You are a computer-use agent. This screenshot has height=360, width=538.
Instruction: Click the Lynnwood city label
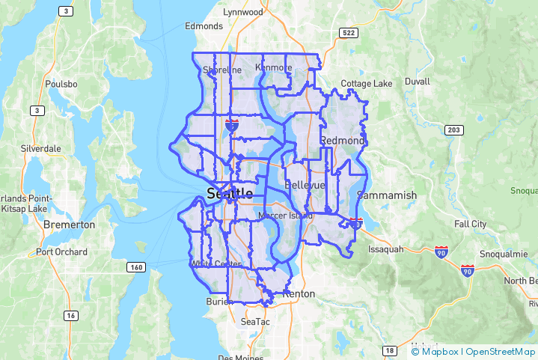[x=244, y=12]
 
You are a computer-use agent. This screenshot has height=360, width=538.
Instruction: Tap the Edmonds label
[x=204, y=26]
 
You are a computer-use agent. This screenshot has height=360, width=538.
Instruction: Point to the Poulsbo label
[x=61, y=84]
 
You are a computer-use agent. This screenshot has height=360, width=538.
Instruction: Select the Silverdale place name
[x=41, y=148]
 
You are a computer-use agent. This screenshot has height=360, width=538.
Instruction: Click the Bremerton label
[x=70, y=225]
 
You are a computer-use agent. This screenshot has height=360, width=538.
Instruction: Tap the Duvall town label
[x=417, y=81]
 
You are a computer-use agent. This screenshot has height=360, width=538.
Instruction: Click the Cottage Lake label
[x=367, y=84]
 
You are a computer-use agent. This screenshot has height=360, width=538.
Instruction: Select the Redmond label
[x=342, y=141]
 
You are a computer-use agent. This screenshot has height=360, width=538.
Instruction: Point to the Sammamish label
[x=387, y=195]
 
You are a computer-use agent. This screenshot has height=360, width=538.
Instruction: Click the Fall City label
[x=470, y=224]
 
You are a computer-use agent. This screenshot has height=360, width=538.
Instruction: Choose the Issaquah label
[x=386, y=249]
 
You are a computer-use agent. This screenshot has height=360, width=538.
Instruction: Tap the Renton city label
[x=299, y=293]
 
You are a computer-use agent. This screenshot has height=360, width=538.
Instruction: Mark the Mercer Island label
[x=285, y=216]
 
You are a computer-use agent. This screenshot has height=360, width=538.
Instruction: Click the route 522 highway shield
[x=347, y=33]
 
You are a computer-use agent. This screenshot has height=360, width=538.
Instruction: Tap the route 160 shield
[x=135, y=267]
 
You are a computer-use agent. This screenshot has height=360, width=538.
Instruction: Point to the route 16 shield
[x=70, y=316]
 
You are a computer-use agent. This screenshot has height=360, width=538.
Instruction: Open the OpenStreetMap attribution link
[x=501, y=351]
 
